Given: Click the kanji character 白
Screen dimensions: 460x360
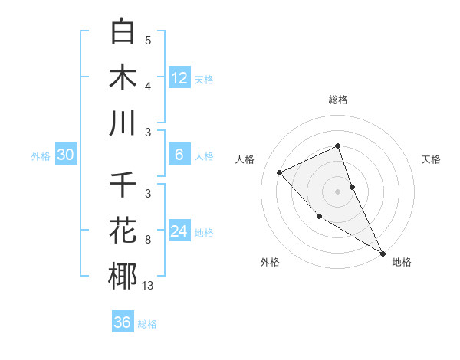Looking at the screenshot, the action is click(x=123, y=31).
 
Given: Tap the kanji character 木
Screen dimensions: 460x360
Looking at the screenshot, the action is click(x=123, y=77).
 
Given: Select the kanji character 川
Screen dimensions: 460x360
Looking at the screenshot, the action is click(x=123, y=123).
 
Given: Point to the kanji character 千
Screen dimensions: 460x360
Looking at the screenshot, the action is click(x=123, y=185).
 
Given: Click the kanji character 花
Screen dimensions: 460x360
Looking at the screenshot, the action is click(x=123, y=230).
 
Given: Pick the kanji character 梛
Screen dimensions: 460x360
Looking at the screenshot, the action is click(x=123, y=276).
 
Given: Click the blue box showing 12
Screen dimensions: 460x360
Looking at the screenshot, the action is click(x=179, y=78).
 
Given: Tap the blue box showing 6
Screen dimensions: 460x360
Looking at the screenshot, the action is click(x=179, y=155).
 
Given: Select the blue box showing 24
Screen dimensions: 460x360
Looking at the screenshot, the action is click(x=179, y=231).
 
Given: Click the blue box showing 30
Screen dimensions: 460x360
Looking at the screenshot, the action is click(x=66, y=155).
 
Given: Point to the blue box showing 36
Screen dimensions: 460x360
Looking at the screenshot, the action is click(x=123, y=322).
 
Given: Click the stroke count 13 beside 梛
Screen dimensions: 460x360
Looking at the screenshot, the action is click(x=147, y=286).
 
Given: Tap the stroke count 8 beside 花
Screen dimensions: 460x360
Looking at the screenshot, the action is click(x=147, y=240).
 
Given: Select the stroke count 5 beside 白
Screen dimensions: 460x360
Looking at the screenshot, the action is click(x=147, y=41).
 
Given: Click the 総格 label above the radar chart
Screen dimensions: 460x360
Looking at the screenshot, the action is click(x=338, y=100).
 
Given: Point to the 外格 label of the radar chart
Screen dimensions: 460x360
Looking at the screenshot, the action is click(x=270, y=263).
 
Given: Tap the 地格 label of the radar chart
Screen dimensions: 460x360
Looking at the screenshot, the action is click(x=402, y=263).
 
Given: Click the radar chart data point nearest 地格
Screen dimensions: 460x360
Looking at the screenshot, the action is click(x=383, y=253).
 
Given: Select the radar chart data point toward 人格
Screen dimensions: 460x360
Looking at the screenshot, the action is click(x=280, y=172).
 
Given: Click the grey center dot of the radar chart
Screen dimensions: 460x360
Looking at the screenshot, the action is click(x=338, y=191).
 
